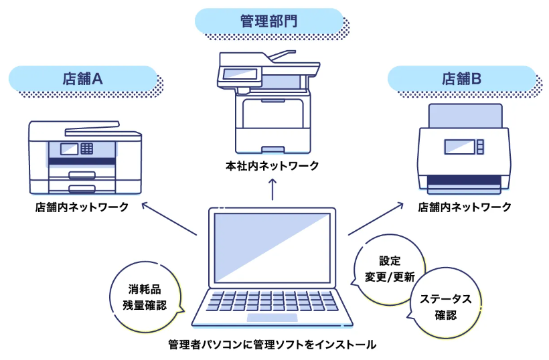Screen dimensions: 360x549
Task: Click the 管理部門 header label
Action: [x=268, y=21]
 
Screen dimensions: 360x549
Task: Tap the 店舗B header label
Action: [x=461, y=78]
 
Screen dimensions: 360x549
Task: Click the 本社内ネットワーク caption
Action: [x=272, y=165]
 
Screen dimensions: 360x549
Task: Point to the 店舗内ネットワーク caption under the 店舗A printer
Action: [x=82, y=207]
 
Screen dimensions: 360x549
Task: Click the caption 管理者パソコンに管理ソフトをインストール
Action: [x=272, y=345]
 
